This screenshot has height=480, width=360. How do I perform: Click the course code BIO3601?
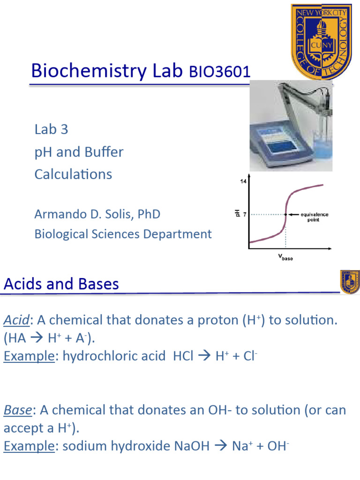click(x=220, y=73)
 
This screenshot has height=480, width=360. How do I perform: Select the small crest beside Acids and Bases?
click(x=350, y=281)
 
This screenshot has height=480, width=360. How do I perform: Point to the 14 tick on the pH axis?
click(x=244, y=181)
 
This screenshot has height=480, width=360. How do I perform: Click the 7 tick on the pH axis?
click(x=245, y=214)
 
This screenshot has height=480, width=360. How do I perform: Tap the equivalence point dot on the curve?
click(x=285, y=214)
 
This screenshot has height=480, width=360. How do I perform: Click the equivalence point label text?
click(x=315, y=217)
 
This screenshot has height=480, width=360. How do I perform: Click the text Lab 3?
click(x=51, y=129)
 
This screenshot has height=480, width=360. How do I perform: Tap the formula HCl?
click(x=183, y=356)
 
